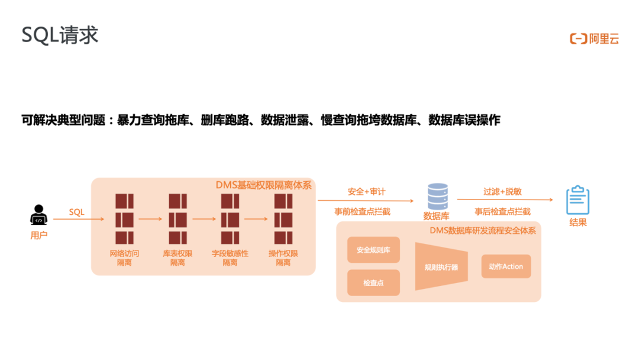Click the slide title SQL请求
point(60,35)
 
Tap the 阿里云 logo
point(593,39)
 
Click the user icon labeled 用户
point(38,215)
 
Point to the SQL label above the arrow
point(77,211)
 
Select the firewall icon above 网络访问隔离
point(124,218)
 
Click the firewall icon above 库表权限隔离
point(177,218)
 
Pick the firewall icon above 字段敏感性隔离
point(230,218)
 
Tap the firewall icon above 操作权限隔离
point(283,218)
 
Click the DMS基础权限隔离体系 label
point(263,184)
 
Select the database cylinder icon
point(437,197)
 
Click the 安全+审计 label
point(366,192)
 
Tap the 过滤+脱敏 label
point(502,192)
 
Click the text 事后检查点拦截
point(502,211)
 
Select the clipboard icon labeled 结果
point(577,201)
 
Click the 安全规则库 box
point(373,250)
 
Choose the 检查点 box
point(373,283)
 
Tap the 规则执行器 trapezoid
point(441,266)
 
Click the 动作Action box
point(506,266)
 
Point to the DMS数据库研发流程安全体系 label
point(483,230)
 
